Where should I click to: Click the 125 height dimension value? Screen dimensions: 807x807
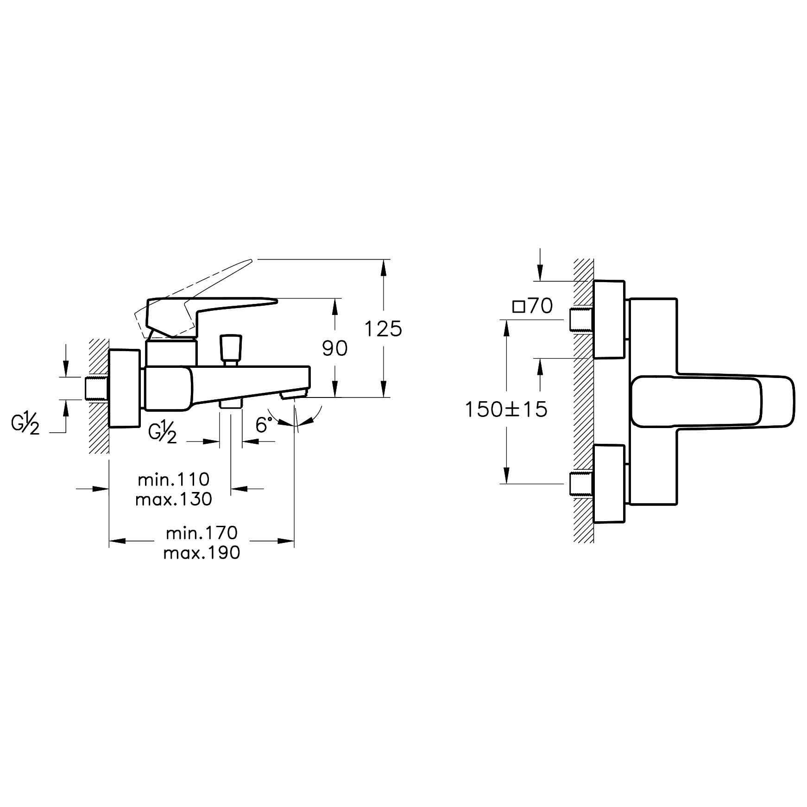pos(383,329)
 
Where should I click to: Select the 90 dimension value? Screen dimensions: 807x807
pos(334,348)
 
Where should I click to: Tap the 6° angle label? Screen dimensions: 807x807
pos(264,425)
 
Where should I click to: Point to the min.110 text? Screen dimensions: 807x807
pos(174,479)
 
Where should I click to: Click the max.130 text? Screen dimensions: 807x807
pos(174,498)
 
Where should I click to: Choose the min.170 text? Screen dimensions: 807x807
pos(202,533)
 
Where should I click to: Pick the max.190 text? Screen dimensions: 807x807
pos(202,552)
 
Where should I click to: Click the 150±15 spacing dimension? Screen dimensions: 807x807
pos(506,409)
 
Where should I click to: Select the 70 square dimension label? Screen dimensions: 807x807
pos(533,306)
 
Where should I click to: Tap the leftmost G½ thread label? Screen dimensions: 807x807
pos(25,424)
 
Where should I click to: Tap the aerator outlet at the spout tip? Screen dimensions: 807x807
pos(294,394)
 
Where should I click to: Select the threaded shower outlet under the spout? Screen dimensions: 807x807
pos(230,404)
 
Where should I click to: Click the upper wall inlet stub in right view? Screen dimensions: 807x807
pos(581,320)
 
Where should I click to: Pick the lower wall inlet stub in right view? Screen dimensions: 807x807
pos(581,484)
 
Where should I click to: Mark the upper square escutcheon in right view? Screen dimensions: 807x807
pos(609,319)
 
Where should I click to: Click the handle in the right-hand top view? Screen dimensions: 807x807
pos(713,402)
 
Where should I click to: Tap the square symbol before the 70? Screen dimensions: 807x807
pos(518,307)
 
